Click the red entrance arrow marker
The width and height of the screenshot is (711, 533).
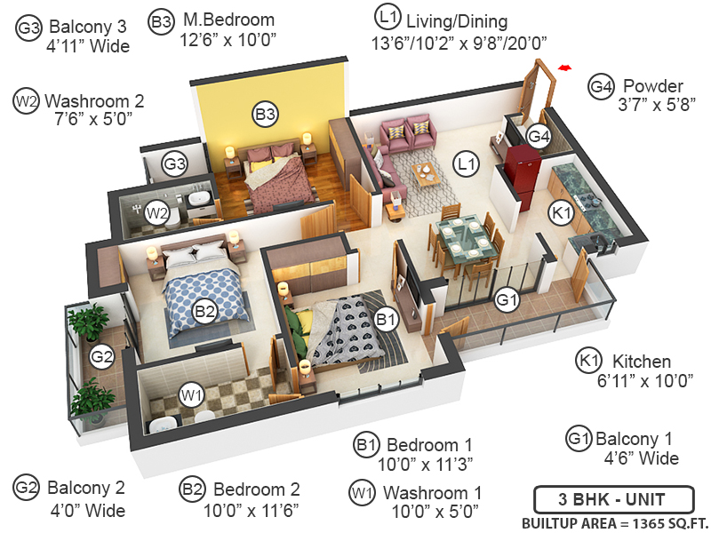coord(562,67)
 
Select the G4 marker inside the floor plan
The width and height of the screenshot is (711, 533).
coord(539,136)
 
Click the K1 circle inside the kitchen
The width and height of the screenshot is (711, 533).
coord(560,213)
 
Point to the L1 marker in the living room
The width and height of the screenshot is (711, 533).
coord(465,163)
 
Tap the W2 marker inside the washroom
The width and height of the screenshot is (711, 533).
coord(157,212)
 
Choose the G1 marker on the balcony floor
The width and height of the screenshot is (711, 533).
coord(507,300)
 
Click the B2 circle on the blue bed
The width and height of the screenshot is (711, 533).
coord(205,312)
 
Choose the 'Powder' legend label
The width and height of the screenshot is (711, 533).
coord(652,86)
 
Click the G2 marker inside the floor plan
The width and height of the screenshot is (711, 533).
coord(102,357)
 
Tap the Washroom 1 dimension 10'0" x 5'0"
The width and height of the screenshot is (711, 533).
coord(435,513)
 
